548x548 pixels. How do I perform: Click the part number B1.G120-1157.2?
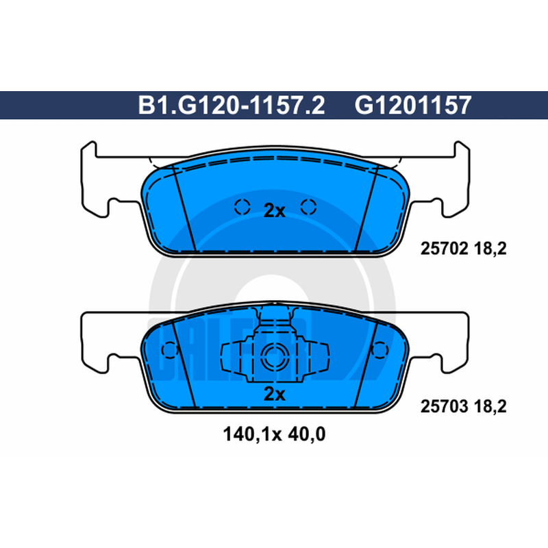click(x=232, y=105)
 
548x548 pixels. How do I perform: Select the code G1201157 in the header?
click(x=413, y=105)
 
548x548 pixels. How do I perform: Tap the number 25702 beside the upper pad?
click(x=444, y=249)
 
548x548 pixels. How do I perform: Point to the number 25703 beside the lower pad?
click(x=444, y=406)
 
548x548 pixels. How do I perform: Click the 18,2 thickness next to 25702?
click(x=490, y=249)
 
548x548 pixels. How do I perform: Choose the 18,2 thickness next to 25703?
click(x=490, y=406)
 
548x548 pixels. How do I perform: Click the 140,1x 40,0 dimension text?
click(x=274, y=434)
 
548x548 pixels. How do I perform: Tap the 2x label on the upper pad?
click(x=274, y=210)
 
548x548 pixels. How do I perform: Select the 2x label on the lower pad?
click(x=274, y=394)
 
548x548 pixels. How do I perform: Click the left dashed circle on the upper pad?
click(x=242, y=207)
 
